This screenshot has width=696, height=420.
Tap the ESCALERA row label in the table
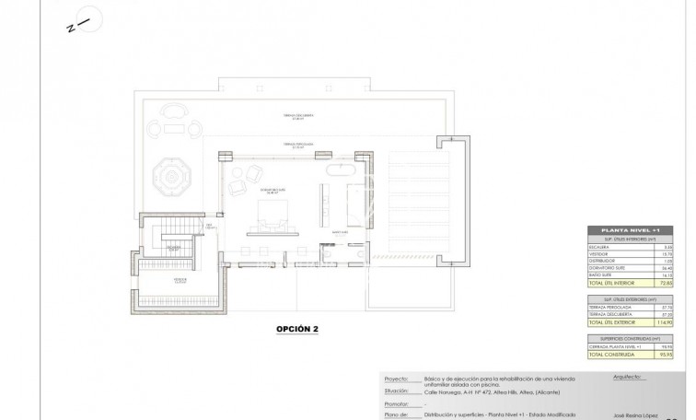[x=609, y=247]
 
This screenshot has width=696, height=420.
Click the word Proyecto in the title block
[x=395, y=378]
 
